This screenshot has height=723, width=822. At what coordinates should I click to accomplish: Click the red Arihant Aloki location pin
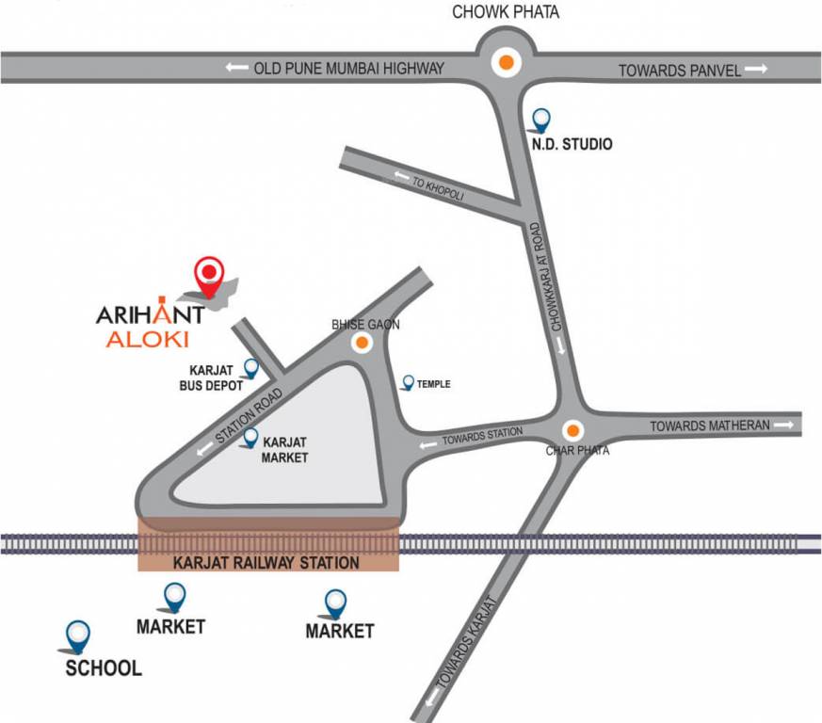(x=208, y=276)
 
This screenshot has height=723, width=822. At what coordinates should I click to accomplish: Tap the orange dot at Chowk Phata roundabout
(x=507, y=64)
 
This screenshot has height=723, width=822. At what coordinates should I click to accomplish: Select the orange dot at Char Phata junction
(x=572, y=431)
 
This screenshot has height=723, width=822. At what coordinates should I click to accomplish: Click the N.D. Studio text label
(x=568, y=145)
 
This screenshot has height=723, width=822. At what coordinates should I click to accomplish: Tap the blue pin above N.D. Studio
(x=541, y=119)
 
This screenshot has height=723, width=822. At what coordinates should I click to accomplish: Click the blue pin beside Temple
(x=408, y=382)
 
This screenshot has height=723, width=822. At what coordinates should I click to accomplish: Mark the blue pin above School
(x=77, y=635)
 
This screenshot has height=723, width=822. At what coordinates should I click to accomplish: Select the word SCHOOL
(x=104, y=668)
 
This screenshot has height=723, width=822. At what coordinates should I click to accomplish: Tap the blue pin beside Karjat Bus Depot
(x=251, y=368)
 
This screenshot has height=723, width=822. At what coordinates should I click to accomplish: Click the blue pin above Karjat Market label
(x=251, y=438)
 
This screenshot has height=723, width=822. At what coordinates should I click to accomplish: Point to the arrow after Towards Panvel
(x=756, y=69)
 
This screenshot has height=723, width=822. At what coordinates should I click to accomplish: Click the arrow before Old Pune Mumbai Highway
(x=237, y=68)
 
